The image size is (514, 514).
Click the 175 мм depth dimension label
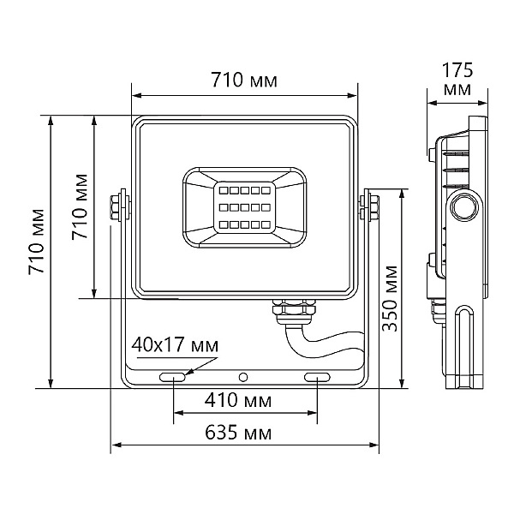(x=457, y=79)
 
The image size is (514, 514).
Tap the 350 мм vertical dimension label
(x=390, y=298)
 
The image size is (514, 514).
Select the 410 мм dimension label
(x=238, y=400)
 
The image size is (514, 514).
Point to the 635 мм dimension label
(x=238, y=433)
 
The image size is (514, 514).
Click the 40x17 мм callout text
(x=175, y=345)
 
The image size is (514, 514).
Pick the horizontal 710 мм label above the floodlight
(x=244, y=80)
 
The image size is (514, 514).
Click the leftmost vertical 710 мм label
(x=36, y=242)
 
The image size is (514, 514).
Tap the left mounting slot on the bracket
(x=172, y=377)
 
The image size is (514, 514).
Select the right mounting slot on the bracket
(x=317, y=377)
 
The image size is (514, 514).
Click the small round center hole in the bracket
(x=243, y=377)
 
